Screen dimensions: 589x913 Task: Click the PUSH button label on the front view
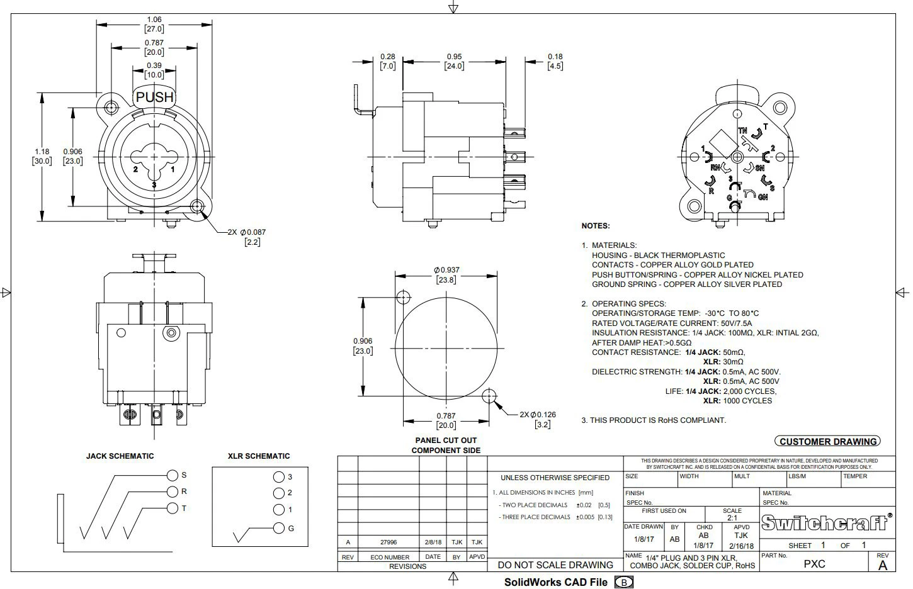pos(154,97)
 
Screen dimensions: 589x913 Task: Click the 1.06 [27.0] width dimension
pos(154,25)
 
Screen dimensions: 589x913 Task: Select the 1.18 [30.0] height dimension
pos(42,156)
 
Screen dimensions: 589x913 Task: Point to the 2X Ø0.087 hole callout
pos(247,237)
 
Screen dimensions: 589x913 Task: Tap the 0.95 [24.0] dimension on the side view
pos(454,61)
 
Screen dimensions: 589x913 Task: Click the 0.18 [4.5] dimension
pos(555,61)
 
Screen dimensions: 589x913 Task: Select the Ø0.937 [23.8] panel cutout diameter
pos(446,275)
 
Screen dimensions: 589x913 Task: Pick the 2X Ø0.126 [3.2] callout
pos(538,419)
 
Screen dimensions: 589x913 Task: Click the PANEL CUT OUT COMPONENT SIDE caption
pos(446,445)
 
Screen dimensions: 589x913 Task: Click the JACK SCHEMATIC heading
pos(120,456)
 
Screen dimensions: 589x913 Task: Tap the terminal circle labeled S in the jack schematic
pos(173,475)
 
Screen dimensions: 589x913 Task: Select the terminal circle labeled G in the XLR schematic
pos(279,528)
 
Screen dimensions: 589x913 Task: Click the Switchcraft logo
pos(826,522)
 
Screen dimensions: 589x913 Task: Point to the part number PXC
pos(814,564)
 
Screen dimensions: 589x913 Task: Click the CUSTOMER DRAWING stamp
pos(827,442)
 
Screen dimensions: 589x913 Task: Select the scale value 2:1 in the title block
pos(732,518)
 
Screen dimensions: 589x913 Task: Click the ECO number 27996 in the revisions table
pos(388,542)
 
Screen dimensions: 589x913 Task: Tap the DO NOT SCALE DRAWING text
pos(555,565)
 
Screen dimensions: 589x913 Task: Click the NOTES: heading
pos(595,226)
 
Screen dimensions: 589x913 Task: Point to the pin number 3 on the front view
pos(154,184)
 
